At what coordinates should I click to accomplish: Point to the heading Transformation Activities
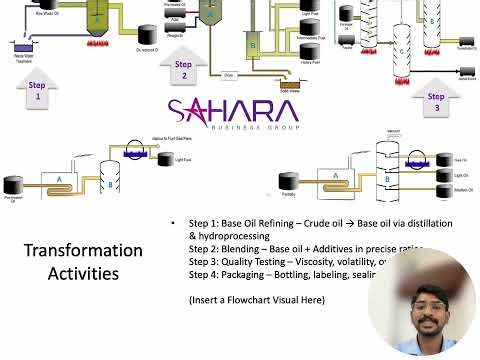tap(83, 261)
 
